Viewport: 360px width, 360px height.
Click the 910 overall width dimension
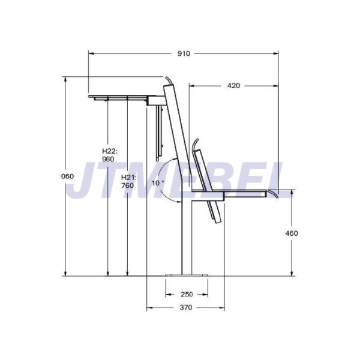[x=184, y=53]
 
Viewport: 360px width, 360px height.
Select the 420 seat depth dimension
[x=233, y=86]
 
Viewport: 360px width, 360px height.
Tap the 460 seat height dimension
[x=291, y=233]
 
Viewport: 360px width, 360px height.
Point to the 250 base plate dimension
[x=187, y=294]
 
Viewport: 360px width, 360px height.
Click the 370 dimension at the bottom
[x=186, y=308]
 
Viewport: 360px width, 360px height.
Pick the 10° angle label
[x=157, y=183]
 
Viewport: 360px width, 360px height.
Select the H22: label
[x=109, y=151]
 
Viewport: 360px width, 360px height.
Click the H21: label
[x=128, y=178]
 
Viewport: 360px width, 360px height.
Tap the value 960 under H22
[x=108, y=160]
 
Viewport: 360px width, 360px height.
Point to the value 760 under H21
[x=127, y=186]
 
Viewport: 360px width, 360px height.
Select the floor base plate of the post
[x=187, y=276]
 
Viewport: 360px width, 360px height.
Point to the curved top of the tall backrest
[x=169, y=80]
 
